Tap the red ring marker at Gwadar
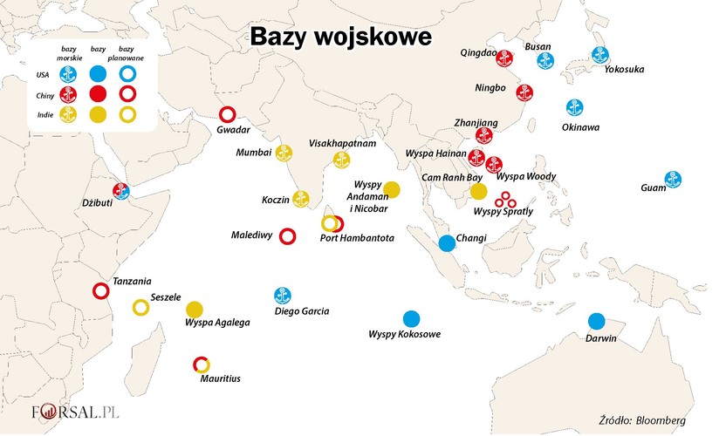(228, 113)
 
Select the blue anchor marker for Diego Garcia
(283, 295)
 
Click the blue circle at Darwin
(596, 321)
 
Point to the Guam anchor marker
(673, 179)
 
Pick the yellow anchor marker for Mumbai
(284, 153)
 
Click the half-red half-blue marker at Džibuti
(121, 191)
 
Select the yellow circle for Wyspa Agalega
(194, 309)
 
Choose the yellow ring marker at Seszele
(140, 307)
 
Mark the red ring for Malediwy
(286, 235)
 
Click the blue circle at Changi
(447, 243)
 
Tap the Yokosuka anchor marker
(599, 54)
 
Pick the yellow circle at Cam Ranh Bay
(477, 192)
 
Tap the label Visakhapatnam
(342, 142)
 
